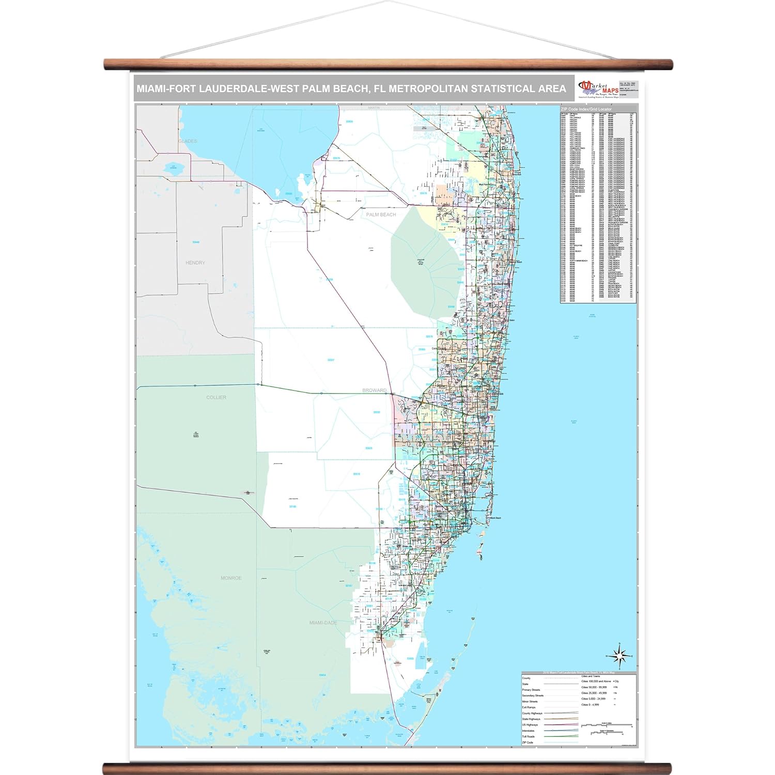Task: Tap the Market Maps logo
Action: (598, 88)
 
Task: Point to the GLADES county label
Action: (188, 141)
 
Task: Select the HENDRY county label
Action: (195, 262)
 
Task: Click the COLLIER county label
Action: (216, 397)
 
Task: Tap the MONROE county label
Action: (231, 578)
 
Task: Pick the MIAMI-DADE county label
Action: (322, 623)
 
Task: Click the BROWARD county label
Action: (375, 391)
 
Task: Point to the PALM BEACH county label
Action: (381, 214)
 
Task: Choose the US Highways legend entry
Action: (530, 725)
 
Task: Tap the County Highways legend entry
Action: (532, 714)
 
